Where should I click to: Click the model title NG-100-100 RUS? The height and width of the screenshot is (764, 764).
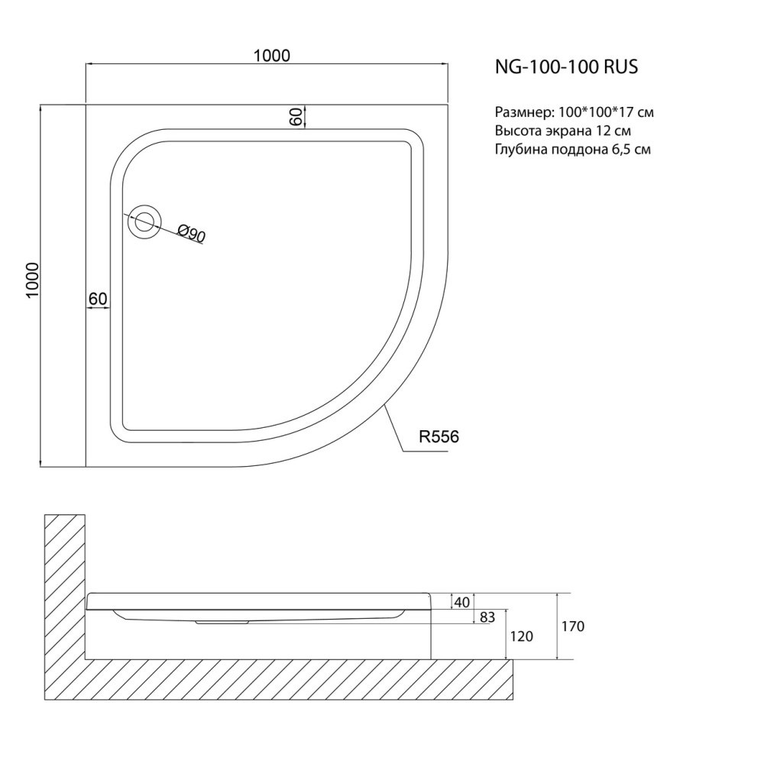[566, 66]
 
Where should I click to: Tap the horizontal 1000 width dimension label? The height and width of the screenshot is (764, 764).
[271, 56]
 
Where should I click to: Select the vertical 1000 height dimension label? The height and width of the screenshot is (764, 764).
[32, 280]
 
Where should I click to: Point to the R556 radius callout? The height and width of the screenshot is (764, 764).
[439, 436]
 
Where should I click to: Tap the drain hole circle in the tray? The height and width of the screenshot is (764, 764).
[144, 222]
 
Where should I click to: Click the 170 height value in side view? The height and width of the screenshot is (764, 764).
[572, 626]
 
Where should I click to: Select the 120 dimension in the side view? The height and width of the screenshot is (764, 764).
[521, 636]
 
